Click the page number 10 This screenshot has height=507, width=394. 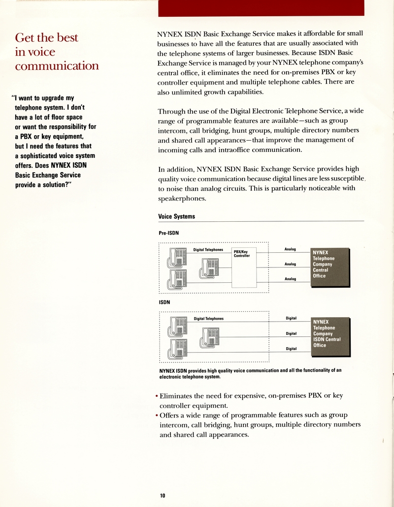point(163,496)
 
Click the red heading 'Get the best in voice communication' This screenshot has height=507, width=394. point(57,52)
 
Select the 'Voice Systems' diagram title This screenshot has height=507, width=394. point(176,216)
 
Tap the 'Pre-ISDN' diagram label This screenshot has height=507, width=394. point(168,233)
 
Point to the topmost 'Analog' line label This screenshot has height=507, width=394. point(290,249)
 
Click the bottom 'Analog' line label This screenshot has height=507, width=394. point(290,279)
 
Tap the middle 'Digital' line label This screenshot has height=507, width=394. point(291,333)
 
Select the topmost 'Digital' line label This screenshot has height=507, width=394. point(291,318)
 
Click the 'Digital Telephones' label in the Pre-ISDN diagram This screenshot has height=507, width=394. point(208,250)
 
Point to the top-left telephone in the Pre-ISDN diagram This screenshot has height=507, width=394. point(178,258)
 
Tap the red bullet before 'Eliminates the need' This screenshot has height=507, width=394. point(157,396)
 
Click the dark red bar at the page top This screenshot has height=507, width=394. point(261,8)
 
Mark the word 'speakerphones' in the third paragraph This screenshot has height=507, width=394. point(182,199)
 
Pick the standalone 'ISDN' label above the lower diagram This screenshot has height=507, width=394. point(164,302)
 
